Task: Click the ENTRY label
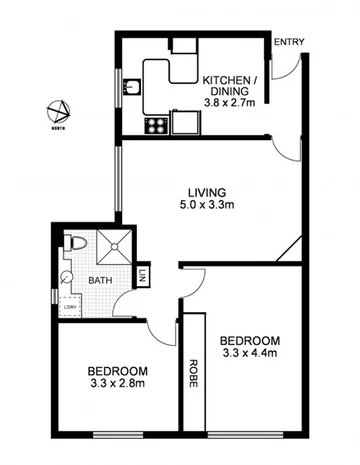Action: point(288,41)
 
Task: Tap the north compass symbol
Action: point(62,111)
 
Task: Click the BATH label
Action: point(100,282)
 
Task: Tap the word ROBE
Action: point(192,373)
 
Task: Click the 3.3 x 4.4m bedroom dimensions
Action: point(248,354)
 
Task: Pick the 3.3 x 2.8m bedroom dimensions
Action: point(117,381)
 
